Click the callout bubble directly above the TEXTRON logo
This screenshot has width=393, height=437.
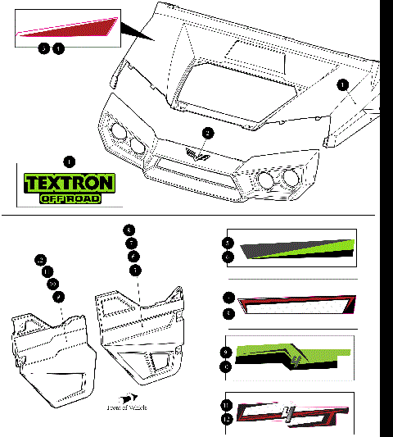coord(70,161)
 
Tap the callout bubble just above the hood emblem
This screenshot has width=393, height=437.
coord(208,133)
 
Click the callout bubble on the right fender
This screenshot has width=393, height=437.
coord(342,84)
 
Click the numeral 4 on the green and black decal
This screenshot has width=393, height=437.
coord(295,357)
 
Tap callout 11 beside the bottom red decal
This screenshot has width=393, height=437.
coord(228,405)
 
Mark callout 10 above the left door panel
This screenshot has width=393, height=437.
coord(52,283)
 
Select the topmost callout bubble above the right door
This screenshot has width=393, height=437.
coord(128,230)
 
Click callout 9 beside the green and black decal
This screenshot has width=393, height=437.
coord(228,353)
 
